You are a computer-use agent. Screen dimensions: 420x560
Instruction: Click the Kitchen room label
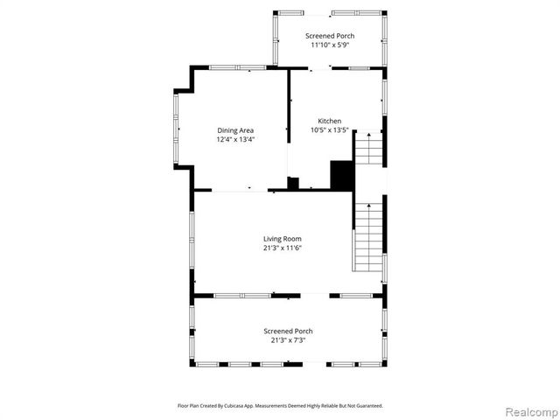(330, 121)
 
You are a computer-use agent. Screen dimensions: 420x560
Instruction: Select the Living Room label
(283, 238)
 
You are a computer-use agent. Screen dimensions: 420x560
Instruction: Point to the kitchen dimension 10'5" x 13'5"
(330, 130)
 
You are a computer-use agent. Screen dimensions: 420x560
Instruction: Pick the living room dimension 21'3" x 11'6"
(283, 248)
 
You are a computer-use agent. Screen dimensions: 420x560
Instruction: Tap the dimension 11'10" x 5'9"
(331, 45)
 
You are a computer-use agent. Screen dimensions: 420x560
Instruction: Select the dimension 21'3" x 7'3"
(288, 340)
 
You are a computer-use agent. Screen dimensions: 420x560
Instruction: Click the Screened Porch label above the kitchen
(331, 36)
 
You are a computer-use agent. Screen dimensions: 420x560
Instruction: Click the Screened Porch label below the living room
(288, 331)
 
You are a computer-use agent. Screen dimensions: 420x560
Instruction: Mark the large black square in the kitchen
(341, 175)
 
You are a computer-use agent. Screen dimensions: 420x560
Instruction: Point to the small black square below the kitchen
(293, 183)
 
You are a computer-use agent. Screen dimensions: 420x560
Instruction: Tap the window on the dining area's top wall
(237, 67)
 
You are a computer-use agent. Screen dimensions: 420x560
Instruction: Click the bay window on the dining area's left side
(176, 129)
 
